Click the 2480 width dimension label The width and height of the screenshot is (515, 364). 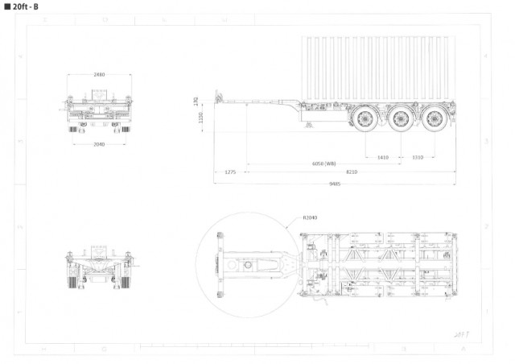coord(99,75)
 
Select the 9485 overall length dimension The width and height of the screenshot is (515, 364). coord(334,184)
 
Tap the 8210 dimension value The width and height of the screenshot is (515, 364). coord(352,172)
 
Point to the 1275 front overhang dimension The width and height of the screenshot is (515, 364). coord(230,172)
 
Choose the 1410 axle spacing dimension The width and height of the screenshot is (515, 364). coord(382,157)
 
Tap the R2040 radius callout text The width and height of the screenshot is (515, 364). coord(310,217)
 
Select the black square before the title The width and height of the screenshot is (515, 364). coord(7,7)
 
